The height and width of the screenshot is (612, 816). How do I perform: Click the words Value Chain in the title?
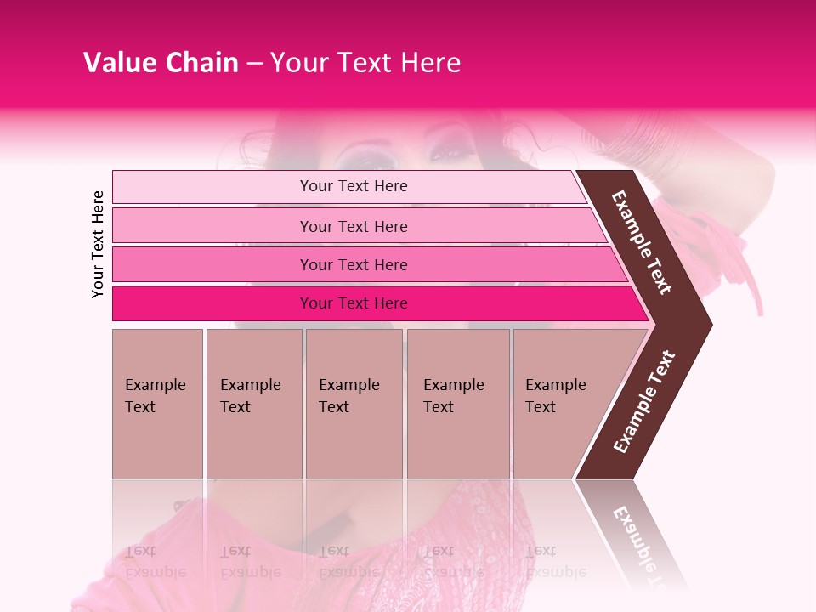click(x=161, y=63)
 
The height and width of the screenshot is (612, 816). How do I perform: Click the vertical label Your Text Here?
click(x=98, y=244)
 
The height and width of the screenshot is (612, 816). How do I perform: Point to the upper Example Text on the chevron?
click(x=642, y=242)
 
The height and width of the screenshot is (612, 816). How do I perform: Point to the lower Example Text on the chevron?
click(x=644, y=401)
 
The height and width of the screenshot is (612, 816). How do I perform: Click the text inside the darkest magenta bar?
click(x=354, y=303)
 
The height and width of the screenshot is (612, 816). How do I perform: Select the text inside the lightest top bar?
click(x=354, y=186)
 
